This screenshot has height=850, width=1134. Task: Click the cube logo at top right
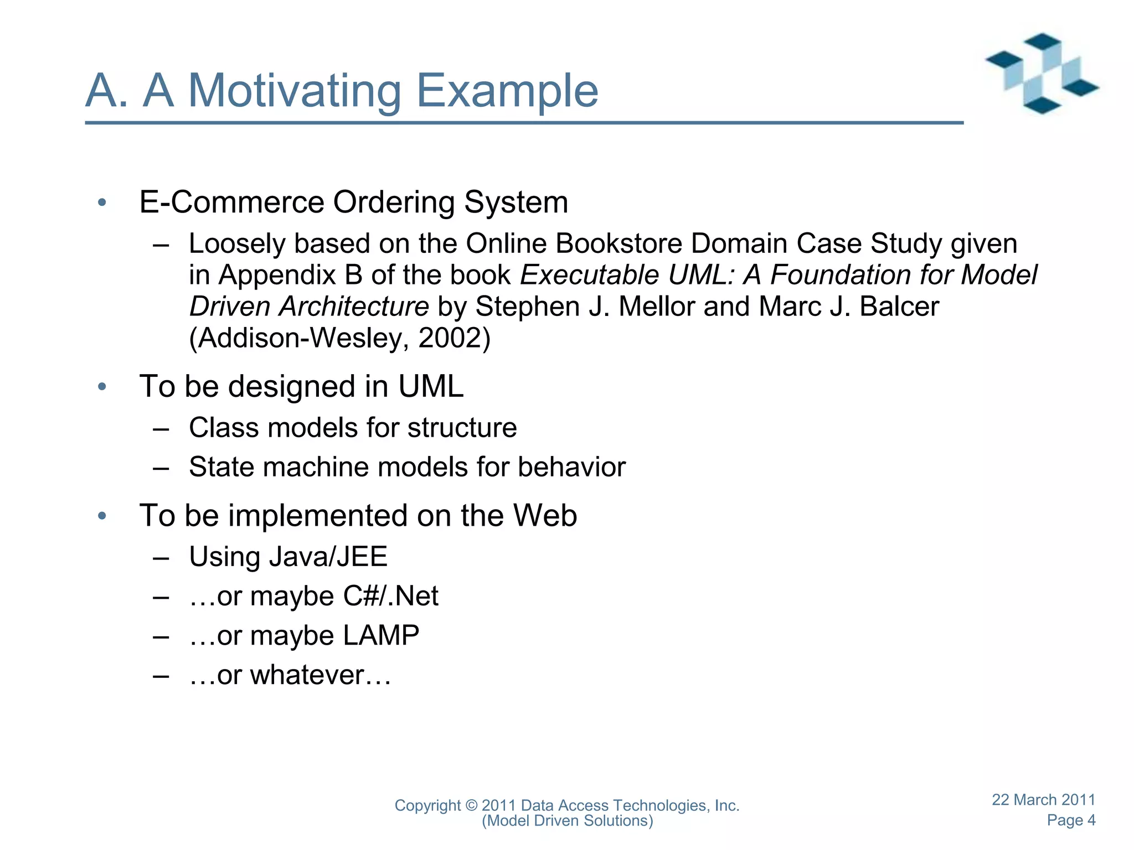tap(1042, 73)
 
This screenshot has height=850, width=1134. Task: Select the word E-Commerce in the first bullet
tap(231, 202)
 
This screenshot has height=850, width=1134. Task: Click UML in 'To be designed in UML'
tap(431, 386)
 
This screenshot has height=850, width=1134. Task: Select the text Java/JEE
tap(327, 557)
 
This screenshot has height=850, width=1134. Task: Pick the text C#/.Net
tap(390, 597)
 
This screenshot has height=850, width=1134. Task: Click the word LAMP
tap(381, 636)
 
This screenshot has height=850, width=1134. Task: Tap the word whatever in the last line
tap(307, 675)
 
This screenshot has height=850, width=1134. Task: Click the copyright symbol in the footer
tap(471, 806)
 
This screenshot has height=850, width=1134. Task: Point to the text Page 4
tap(1070, 820)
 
